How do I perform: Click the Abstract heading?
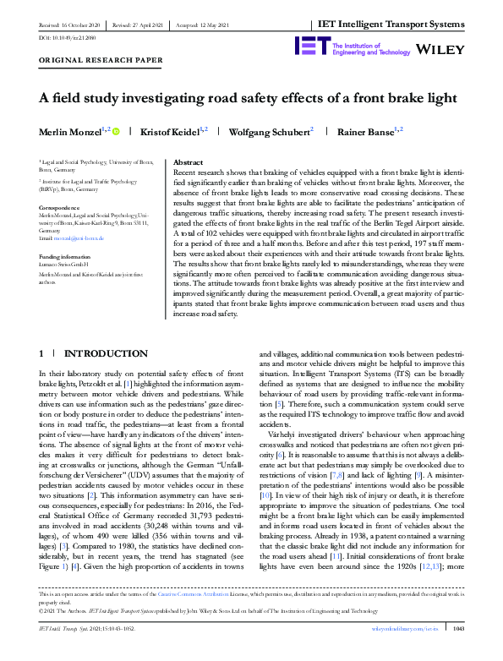pos(187,161)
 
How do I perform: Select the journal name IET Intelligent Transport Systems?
pos(395,26)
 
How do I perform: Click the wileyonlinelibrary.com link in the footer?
pos(401,653)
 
